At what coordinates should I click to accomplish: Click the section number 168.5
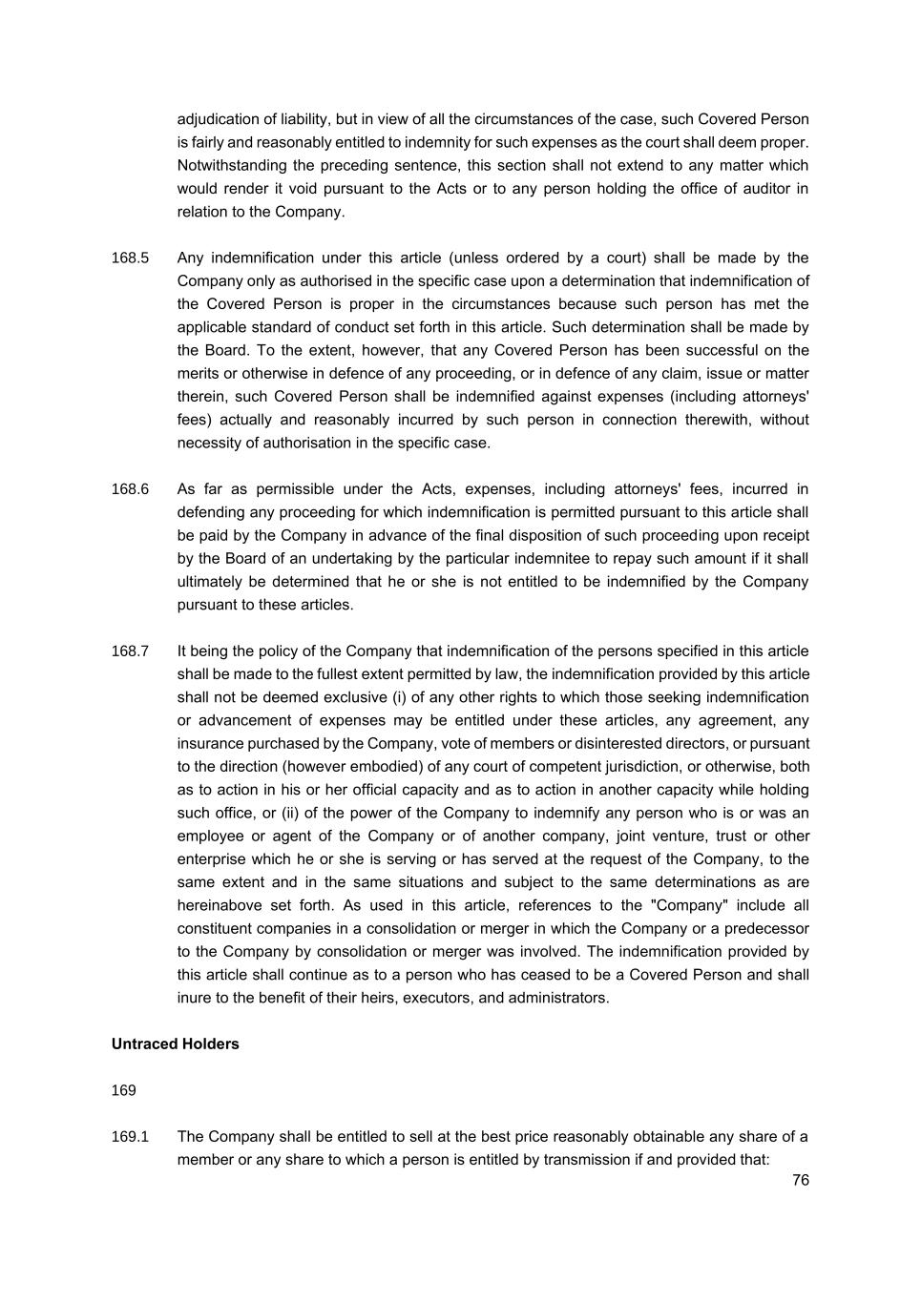(130, 258)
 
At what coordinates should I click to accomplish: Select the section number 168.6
(130, 489)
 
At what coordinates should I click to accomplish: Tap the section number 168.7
(130, 651)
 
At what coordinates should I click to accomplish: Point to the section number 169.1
(130, 1137)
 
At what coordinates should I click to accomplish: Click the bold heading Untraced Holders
(175, 1044)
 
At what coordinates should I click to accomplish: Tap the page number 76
(800, 1180)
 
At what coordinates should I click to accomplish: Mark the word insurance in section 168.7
(210, 744)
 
